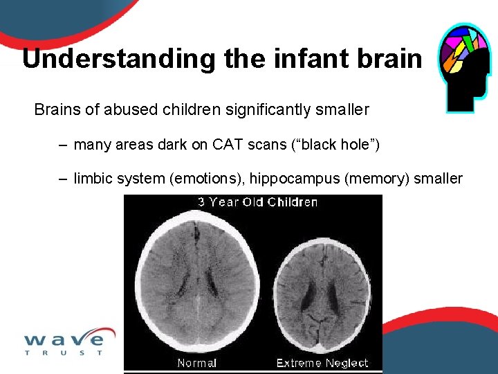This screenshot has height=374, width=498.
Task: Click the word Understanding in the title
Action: click(x=119, y=59)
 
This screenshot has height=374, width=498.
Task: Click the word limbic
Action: click(x=93, y=179)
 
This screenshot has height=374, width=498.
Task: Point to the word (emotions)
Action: click(x=207, y=179)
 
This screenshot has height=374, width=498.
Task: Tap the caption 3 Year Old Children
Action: click(x=257, y=202)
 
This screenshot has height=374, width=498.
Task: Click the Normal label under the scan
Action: click(x=196, y=363)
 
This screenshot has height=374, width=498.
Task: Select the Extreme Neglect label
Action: click(x=322, y=363)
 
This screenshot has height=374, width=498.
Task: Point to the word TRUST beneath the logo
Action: click(x=64, y=353)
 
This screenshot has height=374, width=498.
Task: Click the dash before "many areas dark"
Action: click(x=63, y=145)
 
